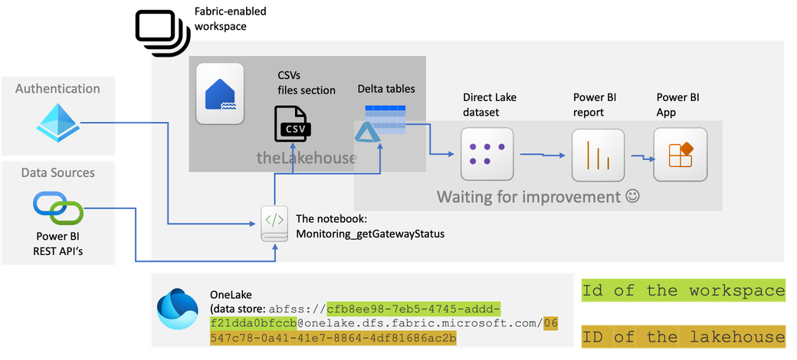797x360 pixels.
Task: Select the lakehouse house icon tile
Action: tap(220, 93)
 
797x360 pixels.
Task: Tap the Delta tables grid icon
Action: tap(385, 119)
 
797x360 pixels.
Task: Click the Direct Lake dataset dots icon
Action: tap(487, 154)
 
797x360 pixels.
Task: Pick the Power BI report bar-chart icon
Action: tap(598, 155)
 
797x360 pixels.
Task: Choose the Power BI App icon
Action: tap(681, 154)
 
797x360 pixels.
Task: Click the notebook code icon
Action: tap(274, 224)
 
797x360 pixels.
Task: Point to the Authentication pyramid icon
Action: tap(57, 123)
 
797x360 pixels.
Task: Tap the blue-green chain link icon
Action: tap(58, 208)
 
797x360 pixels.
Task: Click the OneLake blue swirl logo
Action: tap(177, 309)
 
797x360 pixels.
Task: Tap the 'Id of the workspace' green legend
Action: tap(684, 291)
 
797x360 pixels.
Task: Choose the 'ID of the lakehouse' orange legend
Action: tap(684, 337)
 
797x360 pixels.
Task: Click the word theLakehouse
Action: tap(306, 158)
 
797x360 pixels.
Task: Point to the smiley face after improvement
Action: tap(631, 197)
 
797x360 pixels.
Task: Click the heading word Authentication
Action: tap(57, 89)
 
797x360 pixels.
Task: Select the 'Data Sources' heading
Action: tap(58, 172)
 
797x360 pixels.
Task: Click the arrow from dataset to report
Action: tap(543, 154)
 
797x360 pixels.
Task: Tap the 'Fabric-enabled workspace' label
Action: tap(230, 19)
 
